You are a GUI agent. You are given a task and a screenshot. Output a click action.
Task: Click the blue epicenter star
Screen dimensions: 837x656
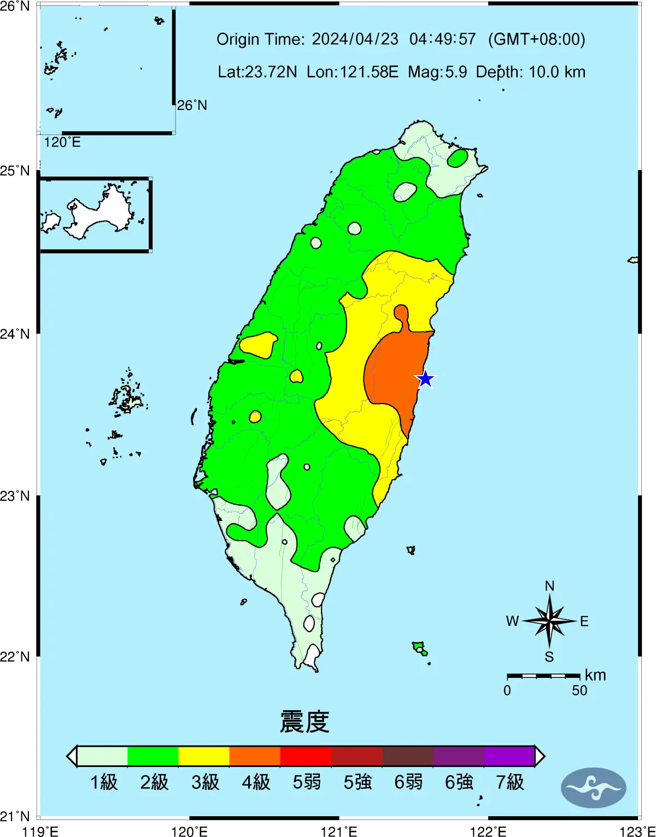point(425,379)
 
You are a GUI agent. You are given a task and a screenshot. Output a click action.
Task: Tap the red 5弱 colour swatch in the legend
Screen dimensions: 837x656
point(306,756)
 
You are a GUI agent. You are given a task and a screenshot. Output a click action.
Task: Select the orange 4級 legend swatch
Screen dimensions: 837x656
point(255,756)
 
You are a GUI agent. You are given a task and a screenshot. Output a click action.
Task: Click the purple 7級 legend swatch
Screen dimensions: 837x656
point(509,756)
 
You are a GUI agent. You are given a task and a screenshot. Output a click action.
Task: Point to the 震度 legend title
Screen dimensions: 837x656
point(304,722)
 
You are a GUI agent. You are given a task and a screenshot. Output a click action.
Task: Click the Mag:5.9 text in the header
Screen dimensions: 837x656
point(437,72)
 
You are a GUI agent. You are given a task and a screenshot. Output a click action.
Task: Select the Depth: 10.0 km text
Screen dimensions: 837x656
point(530,72)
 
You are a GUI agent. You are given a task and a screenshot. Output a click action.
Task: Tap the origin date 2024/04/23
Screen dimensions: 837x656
point(355,39)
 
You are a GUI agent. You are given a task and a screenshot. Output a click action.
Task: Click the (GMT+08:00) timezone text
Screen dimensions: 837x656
point(536,39)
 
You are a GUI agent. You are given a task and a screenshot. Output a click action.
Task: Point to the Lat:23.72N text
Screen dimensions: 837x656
point(257,72)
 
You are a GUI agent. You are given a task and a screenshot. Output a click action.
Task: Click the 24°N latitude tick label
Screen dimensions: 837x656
point(15,333)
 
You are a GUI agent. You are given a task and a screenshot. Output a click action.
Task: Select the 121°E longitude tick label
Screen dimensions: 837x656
point(339,832)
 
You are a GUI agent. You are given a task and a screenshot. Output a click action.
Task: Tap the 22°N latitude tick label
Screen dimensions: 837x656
point(15,656)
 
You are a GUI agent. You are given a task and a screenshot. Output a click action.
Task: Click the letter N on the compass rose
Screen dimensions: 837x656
point(549,586)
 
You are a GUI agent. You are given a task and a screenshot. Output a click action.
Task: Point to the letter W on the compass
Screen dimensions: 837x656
point(512,621)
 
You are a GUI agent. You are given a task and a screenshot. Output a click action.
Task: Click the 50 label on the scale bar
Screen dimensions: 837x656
point(579,690)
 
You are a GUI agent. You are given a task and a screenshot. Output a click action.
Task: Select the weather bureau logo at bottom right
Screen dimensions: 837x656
point(594,788)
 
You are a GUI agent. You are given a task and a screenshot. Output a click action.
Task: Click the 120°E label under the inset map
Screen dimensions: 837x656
point(62,142)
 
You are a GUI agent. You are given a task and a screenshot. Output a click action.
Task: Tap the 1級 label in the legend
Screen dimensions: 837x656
point(104,782)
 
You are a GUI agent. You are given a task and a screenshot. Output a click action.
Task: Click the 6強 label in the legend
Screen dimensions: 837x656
point(459,782)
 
